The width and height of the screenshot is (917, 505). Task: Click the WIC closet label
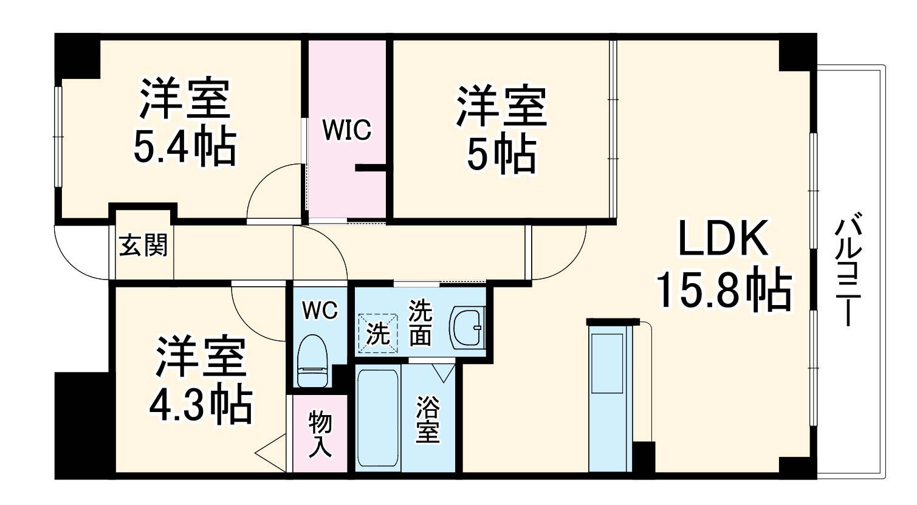tap(346, 130)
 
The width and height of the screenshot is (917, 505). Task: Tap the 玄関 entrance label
tap(143, 246)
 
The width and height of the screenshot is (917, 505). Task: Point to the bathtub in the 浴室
tap(377, 417)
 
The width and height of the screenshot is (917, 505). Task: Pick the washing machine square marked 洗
tap(378, 333)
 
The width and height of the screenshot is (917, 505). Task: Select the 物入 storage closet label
tap(320, 433)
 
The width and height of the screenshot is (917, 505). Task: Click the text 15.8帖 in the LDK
tap(723, 290)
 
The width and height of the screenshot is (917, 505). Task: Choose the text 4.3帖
tap(201, 405)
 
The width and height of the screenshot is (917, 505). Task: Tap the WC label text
tap(320, 311)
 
